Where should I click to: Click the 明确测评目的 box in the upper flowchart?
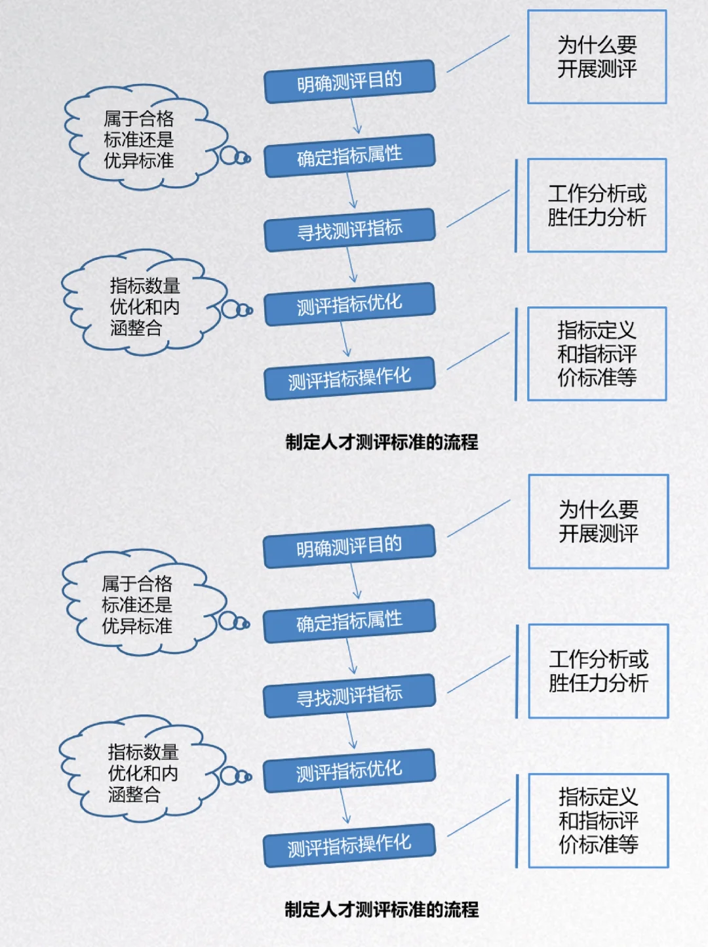(x=349, y=81)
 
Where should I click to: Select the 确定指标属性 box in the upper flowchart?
(x=349, y=155)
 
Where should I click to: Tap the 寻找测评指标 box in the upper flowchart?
(x=349, y=230)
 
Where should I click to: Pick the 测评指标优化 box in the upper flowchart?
(x=349, y=304)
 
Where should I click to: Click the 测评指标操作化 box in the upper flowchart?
(x=349, y=378)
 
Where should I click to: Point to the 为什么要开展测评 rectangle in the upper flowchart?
(x=597, y=57)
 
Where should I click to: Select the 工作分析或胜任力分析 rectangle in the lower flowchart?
(x=598, y=671)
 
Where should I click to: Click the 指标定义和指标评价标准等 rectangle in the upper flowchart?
(x=597, y=354)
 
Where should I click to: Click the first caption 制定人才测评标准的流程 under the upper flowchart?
(x=382, y=442)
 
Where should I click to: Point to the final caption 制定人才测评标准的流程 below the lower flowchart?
(x=382, y=909)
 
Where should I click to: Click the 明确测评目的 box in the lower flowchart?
(x=349, y=546)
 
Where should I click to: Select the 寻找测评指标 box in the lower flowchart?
(x=349, y=695)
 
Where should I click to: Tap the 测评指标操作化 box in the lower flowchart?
(x=349, y=845)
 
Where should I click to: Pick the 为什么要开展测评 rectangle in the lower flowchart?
(x=598, y=521)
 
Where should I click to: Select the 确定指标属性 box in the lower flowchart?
(x=349, y=621)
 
